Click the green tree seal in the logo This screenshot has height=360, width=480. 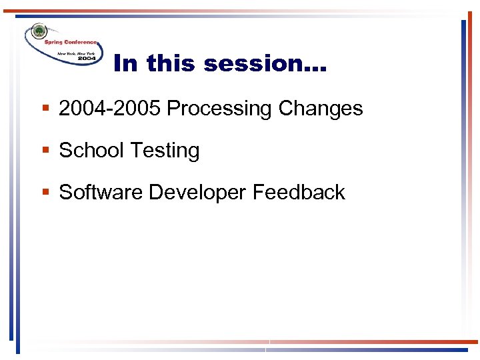(x=39, y=32)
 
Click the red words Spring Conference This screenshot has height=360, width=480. (x=70, y=41)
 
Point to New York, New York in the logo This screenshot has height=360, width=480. (x=77, y=52)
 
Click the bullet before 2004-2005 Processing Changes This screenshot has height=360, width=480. (x=45, y=109)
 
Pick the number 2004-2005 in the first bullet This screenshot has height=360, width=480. (x=110, y=108)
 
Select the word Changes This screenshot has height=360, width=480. (x=321, y=108)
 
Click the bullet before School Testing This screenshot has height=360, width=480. (x=45, y=151)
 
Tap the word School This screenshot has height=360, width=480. (x=91, y=150)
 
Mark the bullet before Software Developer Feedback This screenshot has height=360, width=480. (x=45, y=193)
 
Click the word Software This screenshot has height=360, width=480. (x=101, y=192)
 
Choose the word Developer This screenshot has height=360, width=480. (x=197, y=193)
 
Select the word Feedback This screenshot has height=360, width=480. (x=299, y=192)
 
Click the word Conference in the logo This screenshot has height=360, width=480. (x=81, y=41)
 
